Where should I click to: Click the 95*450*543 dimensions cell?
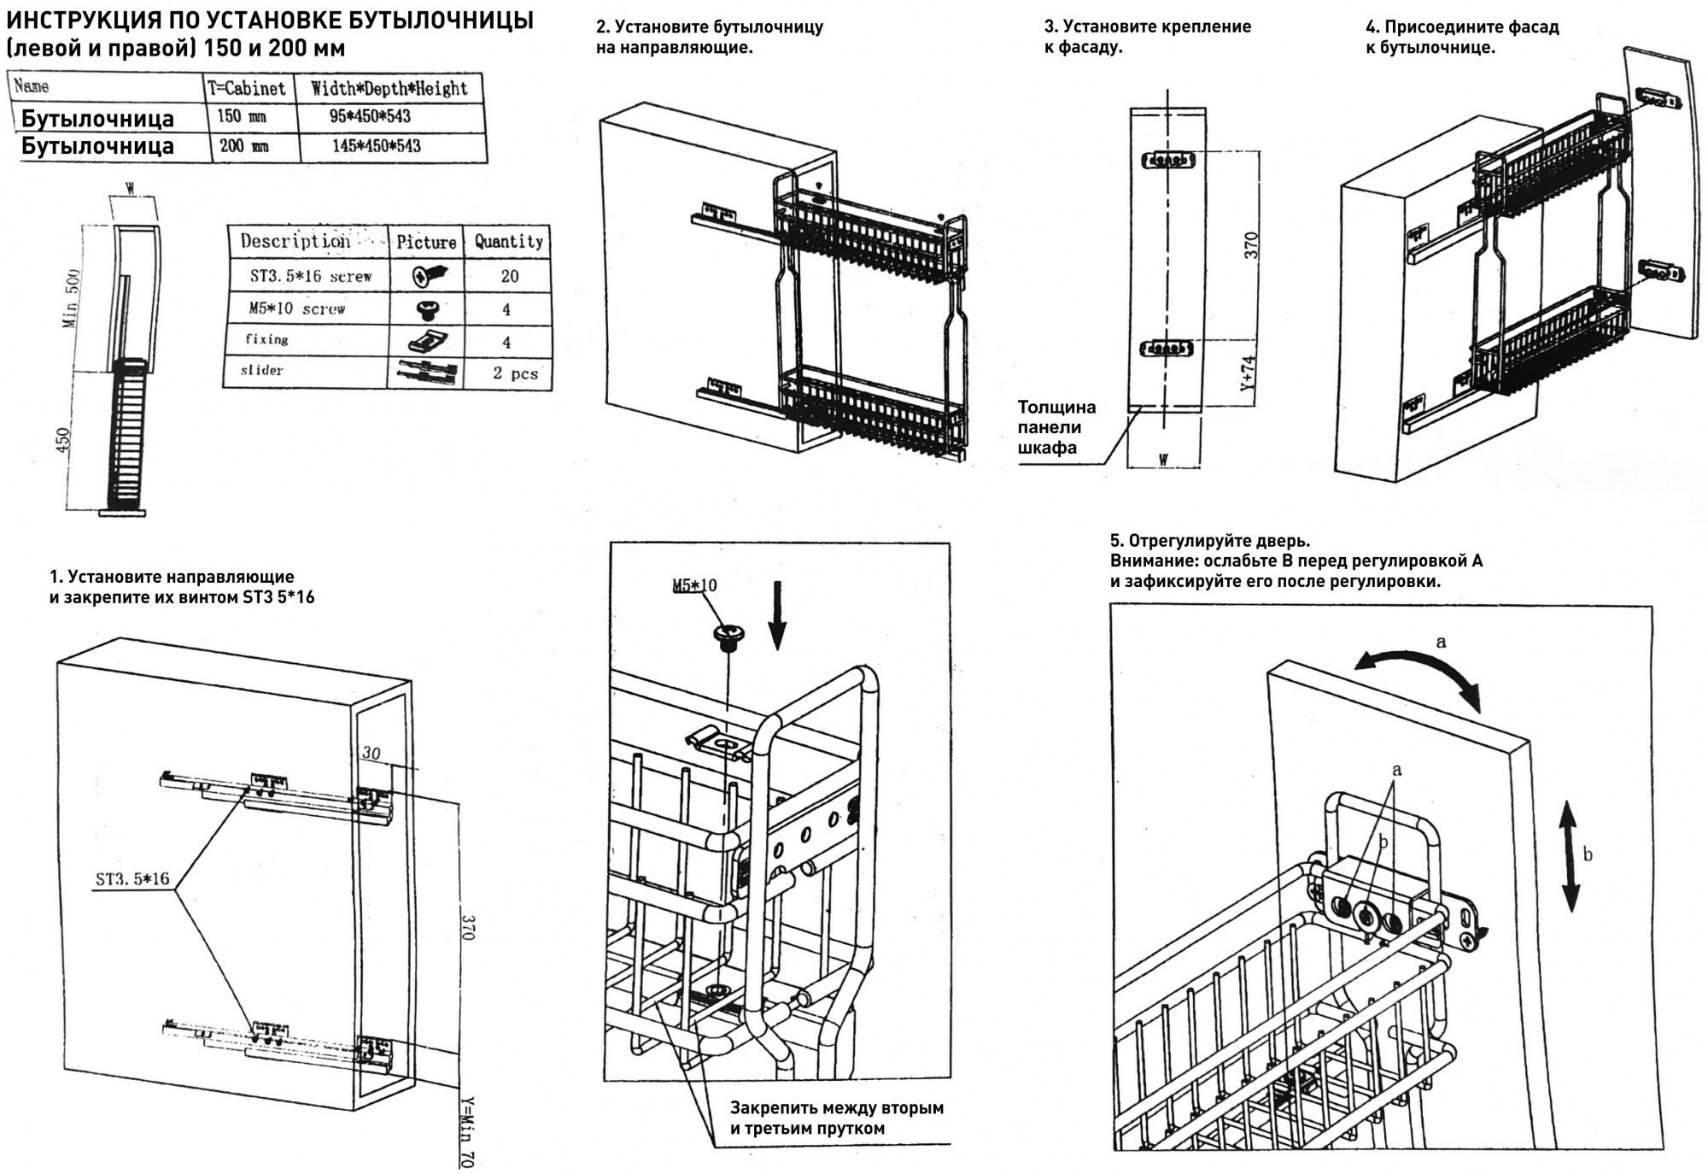(371, 116)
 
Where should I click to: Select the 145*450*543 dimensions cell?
(377, 146)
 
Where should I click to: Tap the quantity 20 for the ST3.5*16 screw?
(509, 276)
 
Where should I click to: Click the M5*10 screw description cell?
(297, 308)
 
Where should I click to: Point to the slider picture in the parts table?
(426, 373)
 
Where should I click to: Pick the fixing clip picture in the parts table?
(426, 342)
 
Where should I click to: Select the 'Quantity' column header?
(509, 241)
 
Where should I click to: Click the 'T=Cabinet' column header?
(248, 87)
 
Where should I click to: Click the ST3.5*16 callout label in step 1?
(132, 878)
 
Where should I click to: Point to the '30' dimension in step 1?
(371, 754)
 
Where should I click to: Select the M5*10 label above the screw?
(694, 585)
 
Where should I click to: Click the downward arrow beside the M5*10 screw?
(777, 614)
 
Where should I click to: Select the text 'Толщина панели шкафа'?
(1056, 427)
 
